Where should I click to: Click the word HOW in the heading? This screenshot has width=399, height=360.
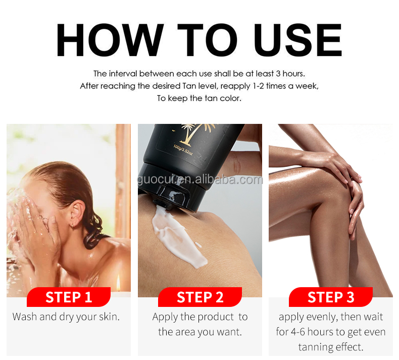click(110, 40)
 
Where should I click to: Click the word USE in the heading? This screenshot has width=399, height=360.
click(297, 40)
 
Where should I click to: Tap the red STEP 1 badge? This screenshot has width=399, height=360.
click(69, 297)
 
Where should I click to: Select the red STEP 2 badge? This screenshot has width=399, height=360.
click(200, 297)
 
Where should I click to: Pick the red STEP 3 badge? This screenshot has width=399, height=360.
click(331, 297)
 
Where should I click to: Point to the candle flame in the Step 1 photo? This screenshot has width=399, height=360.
click(118, 285)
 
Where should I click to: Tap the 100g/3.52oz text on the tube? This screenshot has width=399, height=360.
click(183, 149)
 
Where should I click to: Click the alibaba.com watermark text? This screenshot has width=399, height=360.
click(200, 179)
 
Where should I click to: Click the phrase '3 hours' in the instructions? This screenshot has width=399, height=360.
click(290, 74)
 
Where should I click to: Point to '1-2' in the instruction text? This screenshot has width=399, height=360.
click(258, 86)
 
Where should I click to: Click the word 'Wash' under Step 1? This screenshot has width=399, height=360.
click(24, 317)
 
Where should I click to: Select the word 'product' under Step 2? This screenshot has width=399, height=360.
click(216, 317)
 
